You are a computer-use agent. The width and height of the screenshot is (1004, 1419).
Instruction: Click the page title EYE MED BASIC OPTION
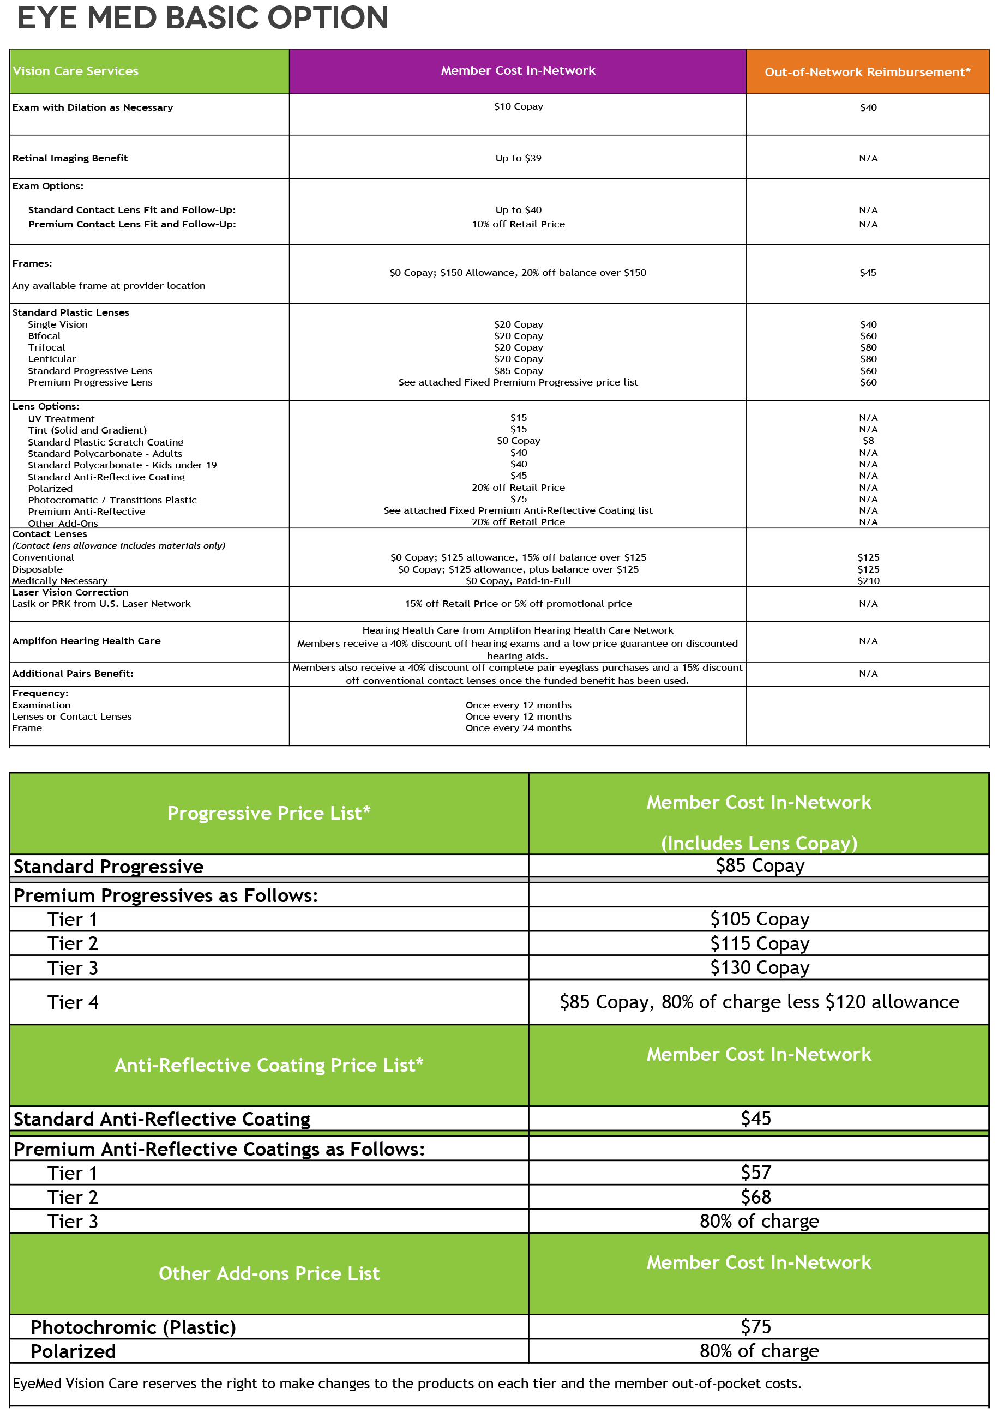coord(203,19)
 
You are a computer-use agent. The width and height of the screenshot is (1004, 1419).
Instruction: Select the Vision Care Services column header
coord(75,71)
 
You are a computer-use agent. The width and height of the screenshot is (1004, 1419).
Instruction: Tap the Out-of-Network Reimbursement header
coord(867,73)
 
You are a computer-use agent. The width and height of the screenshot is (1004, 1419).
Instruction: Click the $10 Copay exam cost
coord(518,106)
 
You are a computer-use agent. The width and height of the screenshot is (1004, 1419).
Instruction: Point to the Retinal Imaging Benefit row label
coord(70,158)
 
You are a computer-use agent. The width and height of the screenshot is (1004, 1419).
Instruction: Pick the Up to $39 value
coord(518,158)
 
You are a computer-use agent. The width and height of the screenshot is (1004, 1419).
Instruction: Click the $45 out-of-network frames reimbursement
coord(867,273)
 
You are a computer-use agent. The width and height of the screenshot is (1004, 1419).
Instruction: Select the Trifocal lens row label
coord(46,347)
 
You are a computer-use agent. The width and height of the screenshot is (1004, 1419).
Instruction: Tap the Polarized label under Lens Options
coord(50,488)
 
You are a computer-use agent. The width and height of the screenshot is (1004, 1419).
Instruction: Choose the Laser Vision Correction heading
coord(70,592)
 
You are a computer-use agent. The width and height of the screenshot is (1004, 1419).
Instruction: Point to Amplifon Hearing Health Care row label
coord(86,641)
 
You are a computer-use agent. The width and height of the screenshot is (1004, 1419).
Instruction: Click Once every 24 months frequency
coord(518,728)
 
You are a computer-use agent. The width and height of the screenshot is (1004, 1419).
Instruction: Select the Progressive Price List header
coord(269,813)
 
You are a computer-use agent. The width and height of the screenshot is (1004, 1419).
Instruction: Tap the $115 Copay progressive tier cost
coord(759,944)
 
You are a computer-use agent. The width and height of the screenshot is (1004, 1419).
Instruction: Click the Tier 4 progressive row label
coord(73,1002)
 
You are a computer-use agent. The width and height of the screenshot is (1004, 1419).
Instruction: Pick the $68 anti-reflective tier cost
coord(755,1197)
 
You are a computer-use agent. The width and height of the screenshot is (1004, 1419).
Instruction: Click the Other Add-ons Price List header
coord(269,1273)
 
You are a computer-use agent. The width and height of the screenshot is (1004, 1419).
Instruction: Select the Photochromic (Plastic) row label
coord(134,1327)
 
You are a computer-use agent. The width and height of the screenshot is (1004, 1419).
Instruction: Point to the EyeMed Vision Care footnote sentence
coord(406,1383)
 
